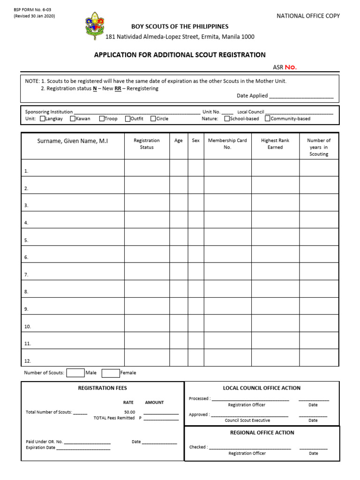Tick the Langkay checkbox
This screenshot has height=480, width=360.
point(43,119)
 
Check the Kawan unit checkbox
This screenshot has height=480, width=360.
point(73,119)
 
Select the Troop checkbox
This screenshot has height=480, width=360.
point(102,119)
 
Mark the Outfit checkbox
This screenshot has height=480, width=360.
point(127,119)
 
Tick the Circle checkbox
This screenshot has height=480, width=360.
point(153,119)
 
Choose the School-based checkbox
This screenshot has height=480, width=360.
point(227,119)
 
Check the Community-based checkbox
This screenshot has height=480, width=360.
point(268,119)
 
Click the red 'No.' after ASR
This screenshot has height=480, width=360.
point(291,67)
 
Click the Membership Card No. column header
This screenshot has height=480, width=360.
point(227,143)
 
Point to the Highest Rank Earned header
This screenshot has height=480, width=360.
point(275,143)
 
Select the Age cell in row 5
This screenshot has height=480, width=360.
point(179,237)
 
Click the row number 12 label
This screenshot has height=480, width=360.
point(27,361)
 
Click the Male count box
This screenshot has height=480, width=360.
point(75,373)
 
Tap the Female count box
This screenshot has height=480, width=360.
point(111,373)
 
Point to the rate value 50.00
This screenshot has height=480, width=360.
point(129,412)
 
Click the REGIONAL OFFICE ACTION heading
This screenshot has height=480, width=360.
point(262,433)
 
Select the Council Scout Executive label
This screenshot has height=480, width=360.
point(247,420)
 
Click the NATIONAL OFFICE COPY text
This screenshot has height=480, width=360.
point(308,16)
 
